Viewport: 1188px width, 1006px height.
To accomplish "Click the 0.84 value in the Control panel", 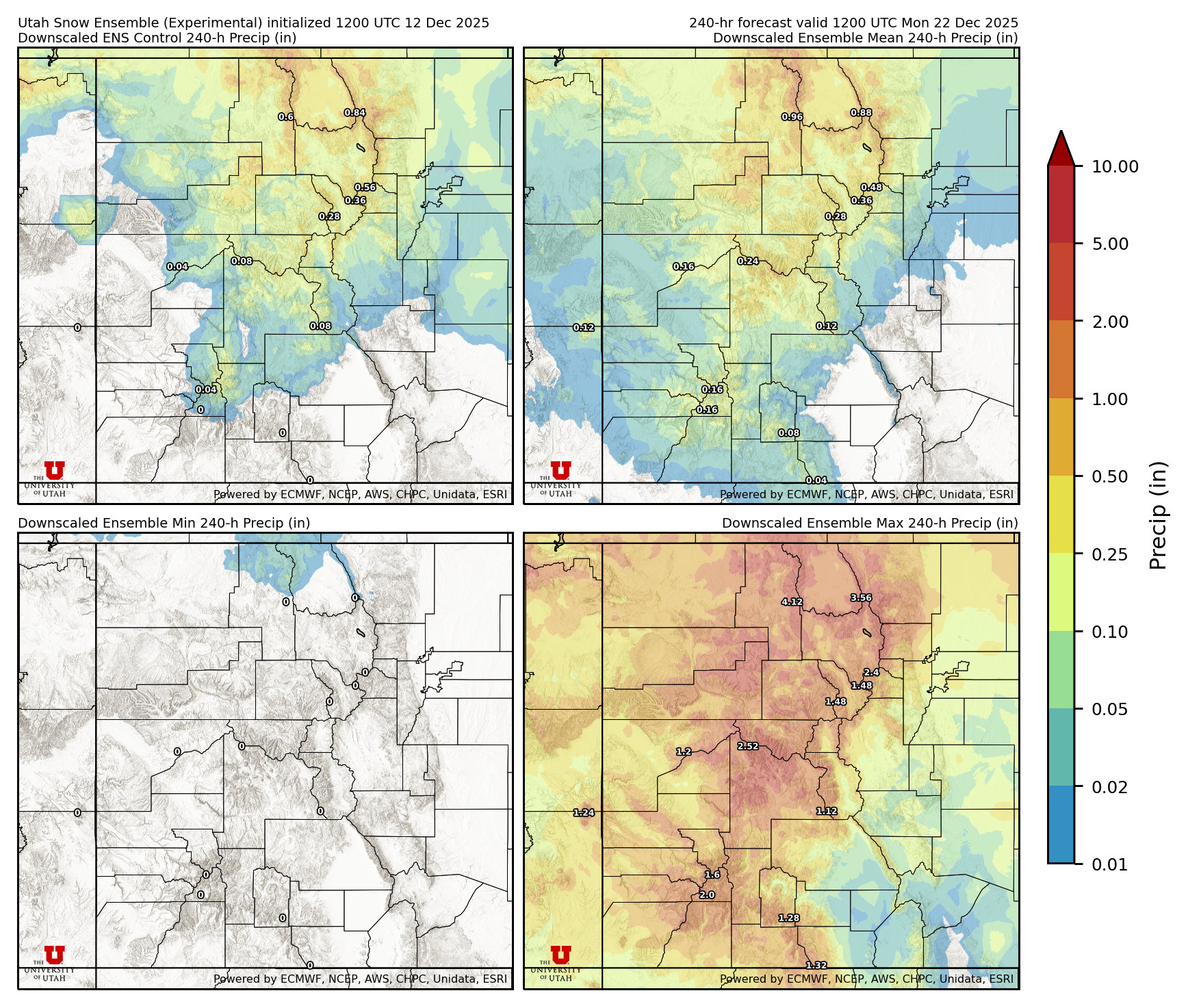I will click(354, 113).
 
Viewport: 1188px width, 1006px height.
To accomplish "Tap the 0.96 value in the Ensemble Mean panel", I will click(792, 117).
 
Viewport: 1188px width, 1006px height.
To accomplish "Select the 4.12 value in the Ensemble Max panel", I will click(792, 602).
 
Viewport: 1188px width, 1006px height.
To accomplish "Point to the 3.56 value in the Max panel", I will click(861, 598).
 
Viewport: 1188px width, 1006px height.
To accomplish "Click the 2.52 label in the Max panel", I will click(748, 746).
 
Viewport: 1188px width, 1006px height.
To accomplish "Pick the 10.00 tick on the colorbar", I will click(1115, 166).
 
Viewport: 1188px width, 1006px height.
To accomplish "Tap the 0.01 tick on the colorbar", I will click(1109, 864).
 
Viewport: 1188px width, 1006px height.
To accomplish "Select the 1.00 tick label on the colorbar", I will click(1109, 399).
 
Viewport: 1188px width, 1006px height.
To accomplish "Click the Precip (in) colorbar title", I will click(1158, 515).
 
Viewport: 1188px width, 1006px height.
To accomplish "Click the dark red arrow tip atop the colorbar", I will click(1061, 145).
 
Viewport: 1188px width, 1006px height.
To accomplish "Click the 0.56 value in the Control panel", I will click(365, 188).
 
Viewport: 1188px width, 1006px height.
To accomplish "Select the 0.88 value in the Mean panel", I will click(861, 113).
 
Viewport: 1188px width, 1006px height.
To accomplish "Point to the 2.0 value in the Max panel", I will click(707, 895).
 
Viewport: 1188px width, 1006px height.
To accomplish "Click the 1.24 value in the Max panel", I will click(584, 813).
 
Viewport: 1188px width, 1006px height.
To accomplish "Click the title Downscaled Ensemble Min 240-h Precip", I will click(164, 523).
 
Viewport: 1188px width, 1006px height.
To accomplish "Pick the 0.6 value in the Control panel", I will click(286, 117).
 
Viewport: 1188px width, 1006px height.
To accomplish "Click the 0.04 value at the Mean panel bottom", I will click(816, 480).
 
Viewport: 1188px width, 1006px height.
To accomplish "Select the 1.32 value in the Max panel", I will click(816, 966).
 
